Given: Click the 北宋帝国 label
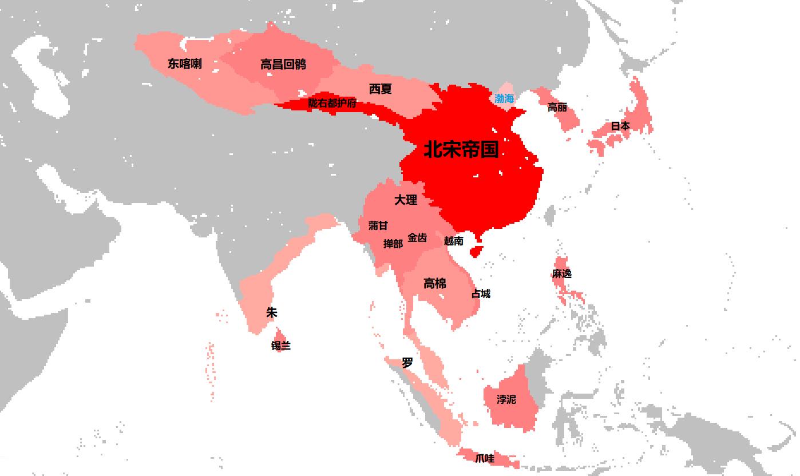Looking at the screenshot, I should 461,149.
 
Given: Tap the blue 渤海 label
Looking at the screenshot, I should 504,98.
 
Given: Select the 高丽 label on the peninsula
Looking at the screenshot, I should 557,107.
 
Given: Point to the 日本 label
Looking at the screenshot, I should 620,125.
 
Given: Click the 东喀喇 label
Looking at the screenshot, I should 184,64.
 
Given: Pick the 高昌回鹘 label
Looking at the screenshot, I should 283,64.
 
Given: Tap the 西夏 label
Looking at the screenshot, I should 381,89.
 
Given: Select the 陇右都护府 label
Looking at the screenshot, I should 332,103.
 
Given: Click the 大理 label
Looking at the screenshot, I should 406,200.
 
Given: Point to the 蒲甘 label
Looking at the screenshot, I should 378,225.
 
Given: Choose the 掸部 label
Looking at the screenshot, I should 393,244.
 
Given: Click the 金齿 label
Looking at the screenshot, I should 417,237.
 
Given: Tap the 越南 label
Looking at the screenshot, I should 454,241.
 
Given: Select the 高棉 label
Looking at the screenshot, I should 435,283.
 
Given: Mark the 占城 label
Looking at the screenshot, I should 481,293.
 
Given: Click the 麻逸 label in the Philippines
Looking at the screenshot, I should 561,273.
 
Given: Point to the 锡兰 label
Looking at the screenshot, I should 280,346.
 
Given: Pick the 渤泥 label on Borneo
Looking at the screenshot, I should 506,399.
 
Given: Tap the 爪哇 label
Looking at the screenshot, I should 484,458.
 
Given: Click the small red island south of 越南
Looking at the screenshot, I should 476,251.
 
